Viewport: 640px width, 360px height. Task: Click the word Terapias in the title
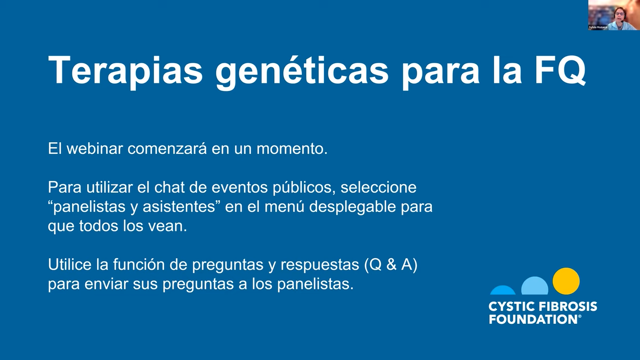pyautogui.click(x=125, y=70)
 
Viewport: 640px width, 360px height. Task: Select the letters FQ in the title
pyautogui.click(x=560, y=70)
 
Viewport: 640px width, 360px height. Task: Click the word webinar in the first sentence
pyautogui.click(x=95, y=148)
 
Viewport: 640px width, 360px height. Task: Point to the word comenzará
pyautogui.click(x=167, y=148)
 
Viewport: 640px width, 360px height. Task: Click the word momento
pyautogui.click(x=292, y=149)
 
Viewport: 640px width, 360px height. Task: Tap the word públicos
pyautogui.click(x=304, y=188)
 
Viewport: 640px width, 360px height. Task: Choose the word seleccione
pyautogui.click(x=378, y=187)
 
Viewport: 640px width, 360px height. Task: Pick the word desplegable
pyautogui.click(x=353, y=207)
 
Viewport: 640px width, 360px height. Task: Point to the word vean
pyautogui.click(x=168, y=226)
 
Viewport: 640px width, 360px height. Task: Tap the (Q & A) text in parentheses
pyautogui.click(x=390, y=265)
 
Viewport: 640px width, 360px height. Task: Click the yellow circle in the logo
pyautogui.click(x=566, y=281)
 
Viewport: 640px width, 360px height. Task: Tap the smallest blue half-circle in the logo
pyautogui.click(x=503, y=290)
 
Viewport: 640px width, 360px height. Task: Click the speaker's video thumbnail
pyautogui.click(x=614, y=15)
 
